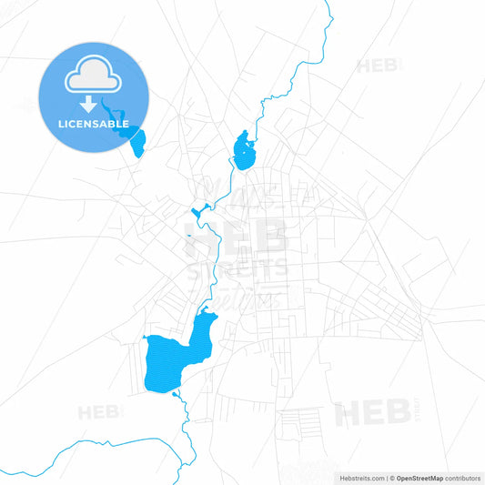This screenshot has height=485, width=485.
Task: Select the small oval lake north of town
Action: pos(243,151)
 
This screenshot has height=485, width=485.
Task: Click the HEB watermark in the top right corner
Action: pos(379,66)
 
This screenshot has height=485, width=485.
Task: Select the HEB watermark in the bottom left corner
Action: pos(99,413)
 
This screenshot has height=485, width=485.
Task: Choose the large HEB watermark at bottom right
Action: pos(372,414)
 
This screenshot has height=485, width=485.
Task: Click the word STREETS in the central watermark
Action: pos(237,269)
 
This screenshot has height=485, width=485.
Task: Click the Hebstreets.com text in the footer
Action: pos(359,477)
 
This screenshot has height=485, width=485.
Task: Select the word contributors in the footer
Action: pos(462,477)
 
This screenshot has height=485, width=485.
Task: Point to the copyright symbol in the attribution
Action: pos(391,477)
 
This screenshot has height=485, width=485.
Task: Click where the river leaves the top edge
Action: pos(328,3)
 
